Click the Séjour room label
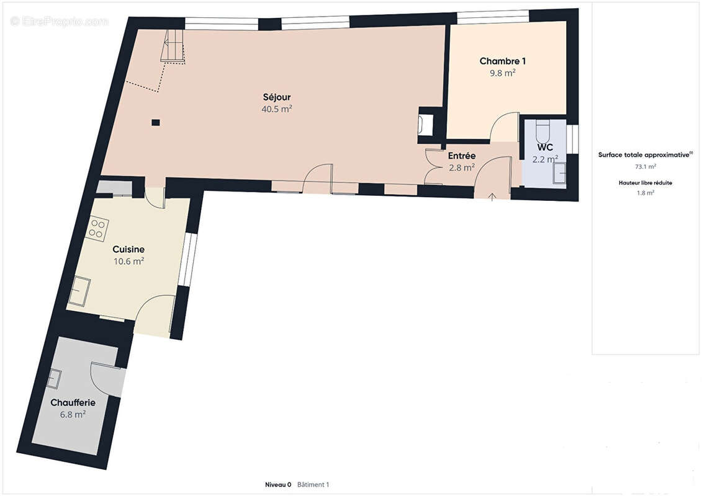point(277,97)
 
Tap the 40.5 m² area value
point(277,108)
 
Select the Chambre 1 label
point(502,61)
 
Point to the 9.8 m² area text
point(502,73)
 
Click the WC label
point(545,147)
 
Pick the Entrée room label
point(462,156)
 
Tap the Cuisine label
point(128,250)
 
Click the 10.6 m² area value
point(128,261)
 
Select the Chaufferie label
point(73,402)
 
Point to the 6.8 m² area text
point(73,415)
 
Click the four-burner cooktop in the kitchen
point(97,228)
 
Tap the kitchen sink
point(79,291)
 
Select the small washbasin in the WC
point(560,172)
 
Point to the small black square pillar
point(155,122)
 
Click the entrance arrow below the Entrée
point(492,197)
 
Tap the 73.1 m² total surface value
point(645,166)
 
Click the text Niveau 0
point(278,484)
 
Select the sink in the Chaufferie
point(54,379)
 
